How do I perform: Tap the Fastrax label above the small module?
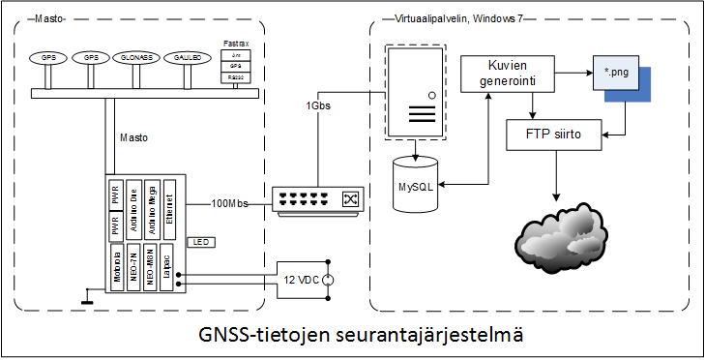coord(236,45)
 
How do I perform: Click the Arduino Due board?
coord(134,207)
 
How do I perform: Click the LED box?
coord(201,240)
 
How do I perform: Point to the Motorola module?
coord(117,266)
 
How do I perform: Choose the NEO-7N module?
coord(134,266)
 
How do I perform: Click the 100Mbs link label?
coord(229,204)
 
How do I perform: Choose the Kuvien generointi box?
coord(499,76)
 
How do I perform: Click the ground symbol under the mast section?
coord(87,303)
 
